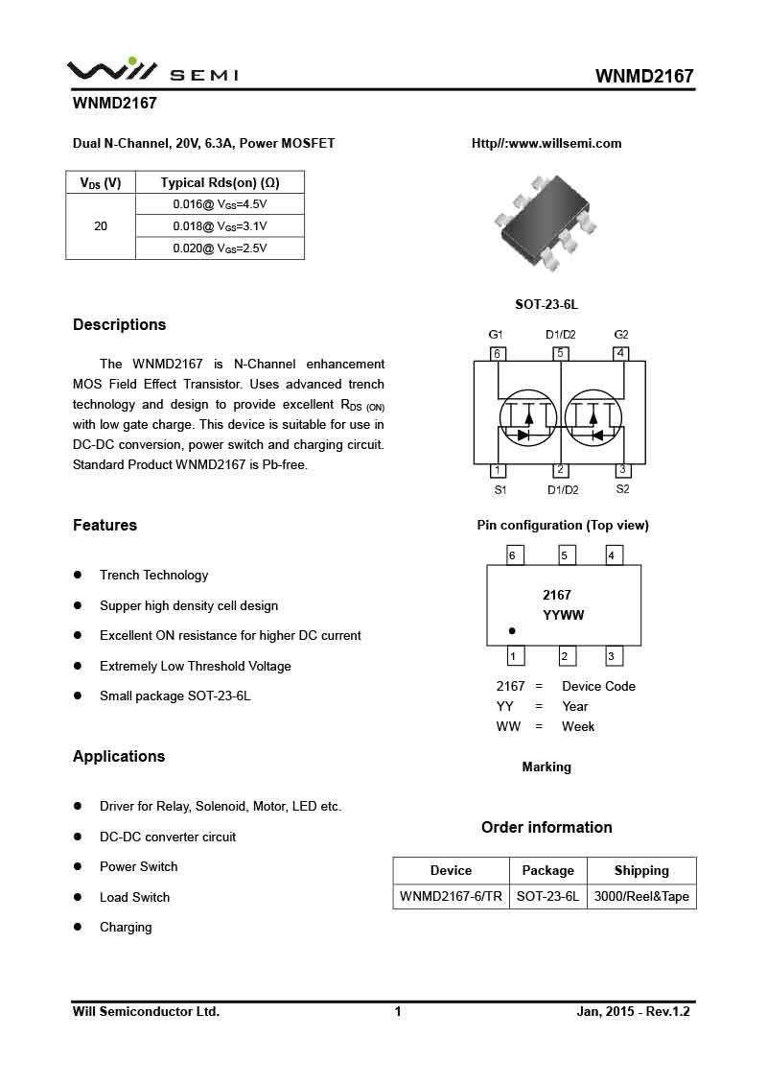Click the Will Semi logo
[151, 70]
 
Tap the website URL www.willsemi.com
[546, 144]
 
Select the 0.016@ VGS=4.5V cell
[220, 204]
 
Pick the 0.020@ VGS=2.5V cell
[220, 248]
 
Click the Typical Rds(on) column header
[220, 182]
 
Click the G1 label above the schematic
[496, 335]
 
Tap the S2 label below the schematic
[622, 489]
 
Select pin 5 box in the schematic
[561, 353]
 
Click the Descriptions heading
[119, 325]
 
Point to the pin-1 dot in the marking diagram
[512, 631]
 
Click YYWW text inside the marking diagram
[563, 616]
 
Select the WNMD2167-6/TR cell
[451, 897]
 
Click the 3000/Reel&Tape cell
[641, 897]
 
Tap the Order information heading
[546, 828]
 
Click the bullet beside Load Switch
[79, 897]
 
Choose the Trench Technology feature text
[153, 576]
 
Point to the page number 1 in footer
[398, 1011]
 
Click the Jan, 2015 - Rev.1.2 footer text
[633, 1011]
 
